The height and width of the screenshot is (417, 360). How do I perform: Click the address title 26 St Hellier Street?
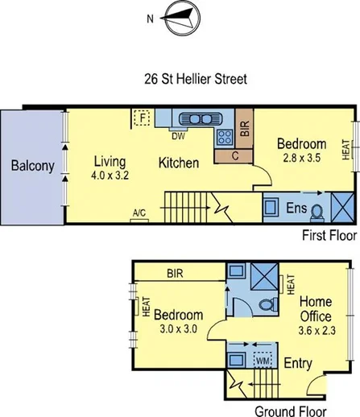click(183, 79)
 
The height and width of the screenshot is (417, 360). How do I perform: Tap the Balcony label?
click(32, 167)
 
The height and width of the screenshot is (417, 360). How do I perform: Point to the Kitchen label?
click(178, 163)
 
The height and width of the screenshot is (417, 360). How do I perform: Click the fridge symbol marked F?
click(143, 118)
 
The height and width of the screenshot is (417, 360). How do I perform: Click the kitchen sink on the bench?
click(194, 118)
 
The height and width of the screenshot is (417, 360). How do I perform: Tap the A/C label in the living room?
click(139, 213)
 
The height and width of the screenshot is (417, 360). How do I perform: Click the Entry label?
click(297, 364)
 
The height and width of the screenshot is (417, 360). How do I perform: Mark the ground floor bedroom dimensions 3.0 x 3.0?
click(178, 329)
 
